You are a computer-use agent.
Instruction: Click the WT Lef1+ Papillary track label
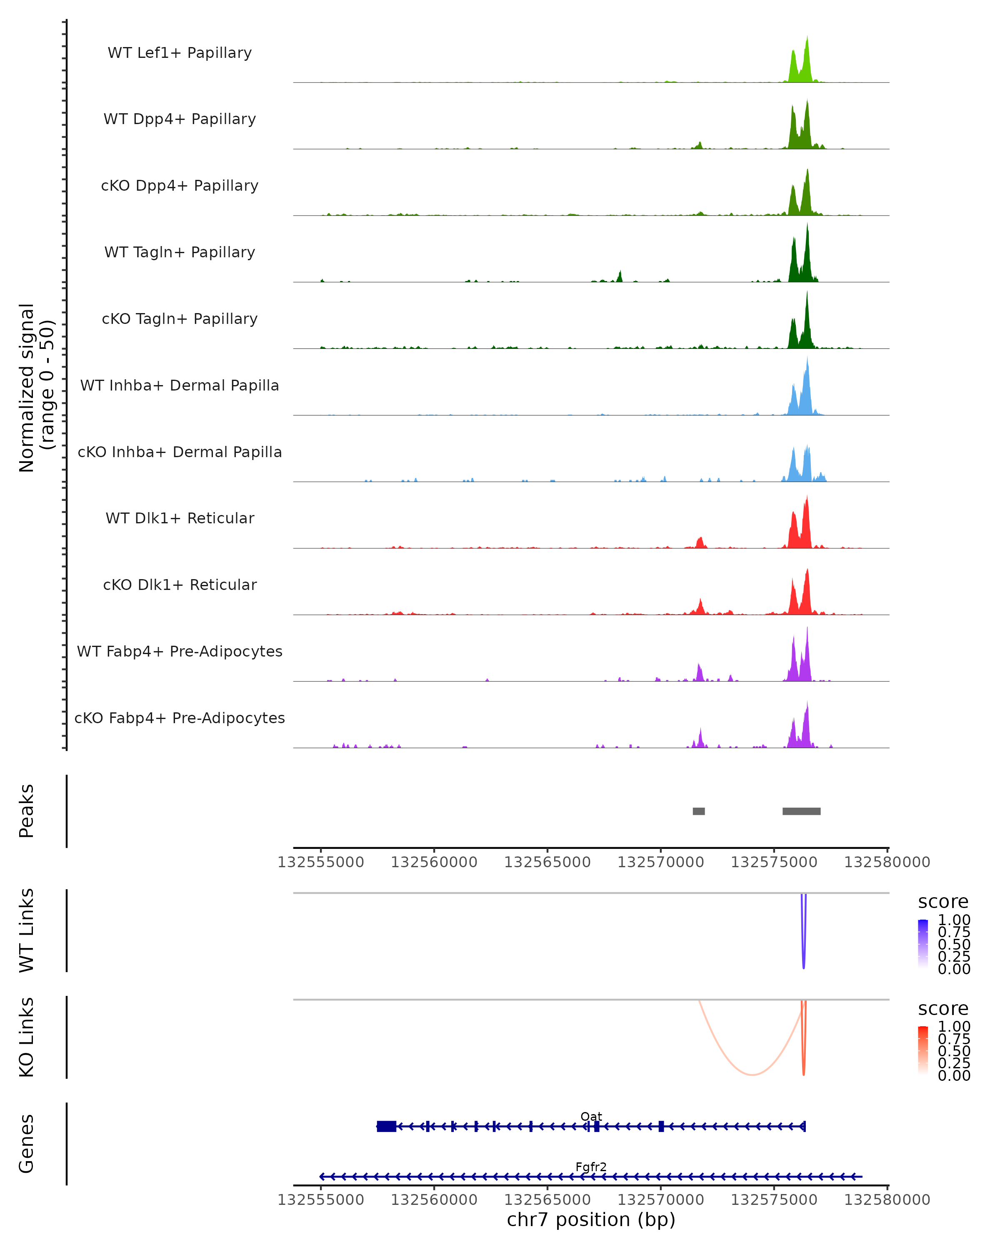tap(180, 53)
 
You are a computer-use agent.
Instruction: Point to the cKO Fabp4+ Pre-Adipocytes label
tap(180, 718)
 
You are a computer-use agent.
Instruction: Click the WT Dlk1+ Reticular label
tap(180, 518)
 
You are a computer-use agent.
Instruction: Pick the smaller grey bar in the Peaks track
tap(699, 811)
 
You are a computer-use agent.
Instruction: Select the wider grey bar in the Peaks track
tap(801, 811)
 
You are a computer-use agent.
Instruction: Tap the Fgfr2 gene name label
tap(591, 1167)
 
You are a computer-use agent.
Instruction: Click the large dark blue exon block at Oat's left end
tap(387, 1126)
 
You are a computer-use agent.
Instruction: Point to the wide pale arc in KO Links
tap(752, 1074)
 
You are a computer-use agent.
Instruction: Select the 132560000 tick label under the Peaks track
tap(434, 862)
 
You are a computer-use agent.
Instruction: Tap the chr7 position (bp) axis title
tap(591, 1220)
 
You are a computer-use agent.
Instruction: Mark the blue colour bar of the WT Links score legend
tap(923, 944)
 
